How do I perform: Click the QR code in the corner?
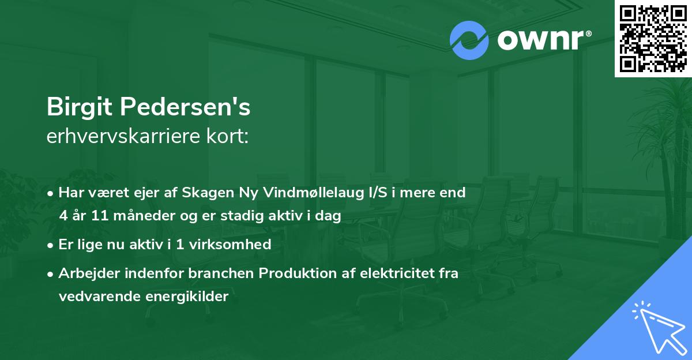pyautogui.click(x=653, y=38)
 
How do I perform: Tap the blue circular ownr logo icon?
pyautogui.click(x=469, y=40)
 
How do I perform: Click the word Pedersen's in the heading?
pyautogui.click(x=188, y=107)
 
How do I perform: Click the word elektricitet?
pyautogui.click(x=394, y=273)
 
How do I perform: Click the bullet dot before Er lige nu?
pyautogui.click(x=51, y=245)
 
